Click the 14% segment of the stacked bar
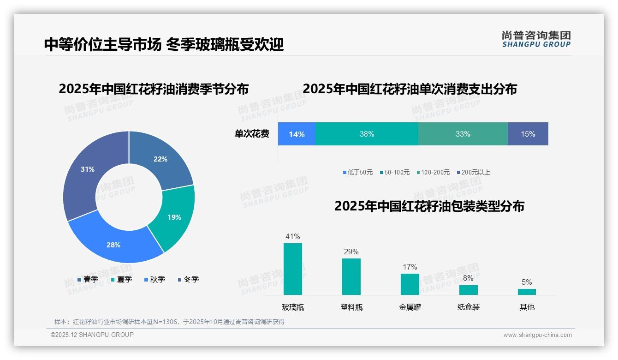pyautogui.click(x=297, y=134)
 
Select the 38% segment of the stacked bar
pyautogui.click(x=367, y=134)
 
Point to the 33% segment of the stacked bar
pyautogui.click(x=463, y=134)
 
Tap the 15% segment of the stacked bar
pyautogui.click(x=528, y=134)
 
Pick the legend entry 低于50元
pyautogui.click(x=358, y=172)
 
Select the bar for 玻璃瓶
pyautogui.click(x=293, y=269)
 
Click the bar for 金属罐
pyautogui.click(x=410, y=284)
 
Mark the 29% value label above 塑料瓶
pyautogui.click(x=351, y=252)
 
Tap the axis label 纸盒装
pyautogui.click(x=469, y=307)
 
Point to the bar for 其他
pyautogui.click(x=527, y=292)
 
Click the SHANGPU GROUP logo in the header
pyautogui.click(x=536, y=39)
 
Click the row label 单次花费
pyautogui.click(x=252, y=134)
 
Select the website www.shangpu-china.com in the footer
pyautogui.click(x=537, y=335)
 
